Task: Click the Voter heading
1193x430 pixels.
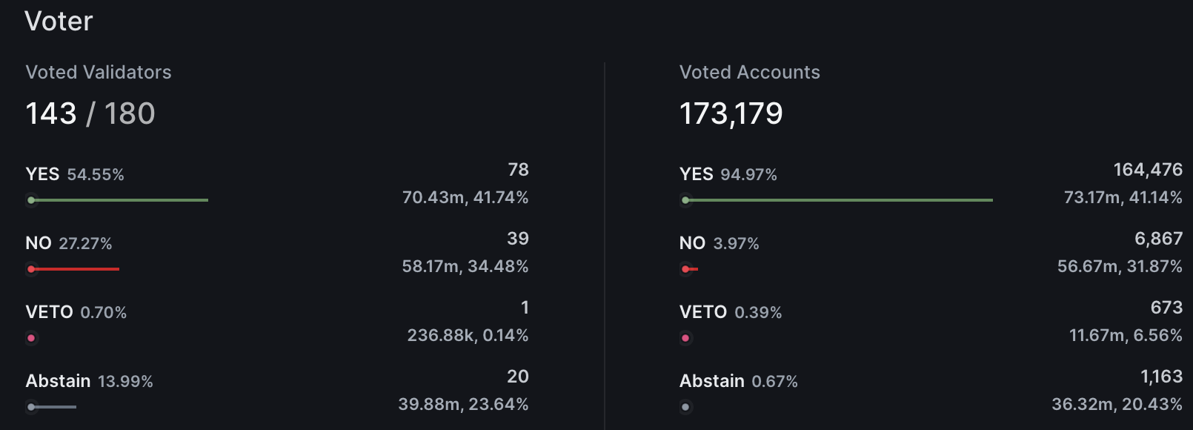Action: click(x=59, y=21)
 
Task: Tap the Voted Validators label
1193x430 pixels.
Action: click(x=99, y=72)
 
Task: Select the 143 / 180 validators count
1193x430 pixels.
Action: click(x=90, y=113)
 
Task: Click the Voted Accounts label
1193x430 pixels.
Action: click(x=749, y=72)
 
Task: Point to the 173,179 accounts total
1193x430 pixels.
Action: click(x=731, y=113)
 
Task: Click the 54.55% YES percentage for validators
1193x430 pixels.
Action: click(x=96, y=175)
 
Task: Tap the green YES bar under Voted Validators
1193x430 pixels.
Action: click(x=119, y=200)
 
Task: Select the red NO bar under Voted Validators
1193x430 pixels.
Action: click(x=74, y=269)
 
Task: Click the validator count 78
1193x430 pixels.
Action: click(x=518, y=170)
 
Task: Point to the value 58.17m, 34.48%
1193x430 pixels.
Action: click(x=465, y=266)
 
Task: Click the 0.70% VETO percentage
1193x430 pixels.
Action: click(x=103, y=313)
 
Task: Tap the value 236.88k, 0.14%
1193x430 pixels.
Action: click(x=468, y=335)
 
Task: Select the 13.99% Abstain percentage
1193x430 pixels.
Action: click(x=125, y=382)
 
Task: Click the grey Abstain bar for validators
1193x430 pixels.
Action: click(x=53, y=407)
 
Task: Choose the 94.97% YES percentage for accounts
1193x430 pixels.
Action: click(x=748, y=175)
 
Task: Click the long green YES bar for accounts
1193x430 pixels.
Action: click(x=837, y=200)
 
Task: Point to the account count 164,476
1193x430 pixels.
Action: click(x=1148, y=170)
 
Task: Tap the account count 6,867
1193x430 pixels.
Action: click(x=1158, y=239)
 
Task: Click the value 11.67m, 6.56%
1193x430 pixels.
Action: click(x=1126, y=335)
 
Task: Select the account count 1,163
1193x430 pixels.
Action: click(x=1161, y=377)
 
